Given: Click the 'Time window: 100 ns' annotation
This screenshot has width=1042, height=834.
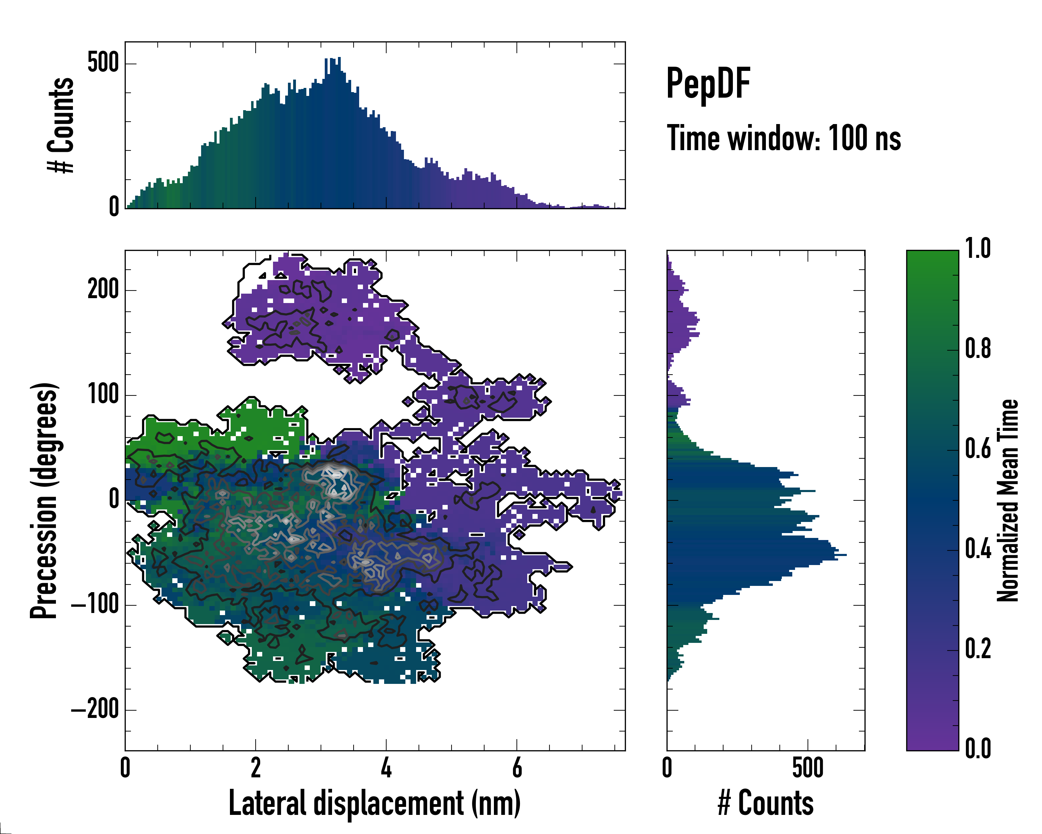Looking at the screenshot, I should (784, 138).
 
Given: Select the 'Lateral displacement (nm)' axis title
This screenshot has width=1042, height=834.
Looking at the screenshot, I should (374, 803).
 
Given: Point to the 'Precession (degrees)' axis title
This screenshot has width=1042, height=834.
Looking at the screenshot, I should (44, 500).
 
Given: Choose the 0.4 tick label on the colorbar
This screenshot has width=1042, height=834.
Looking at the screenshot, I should (978, 550).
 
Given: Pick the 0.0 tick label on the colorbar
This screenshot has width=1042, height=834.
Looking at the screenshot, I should (978, 749).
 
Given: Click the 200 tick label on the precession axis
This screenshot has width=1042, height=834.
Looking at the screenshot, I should (103, 290).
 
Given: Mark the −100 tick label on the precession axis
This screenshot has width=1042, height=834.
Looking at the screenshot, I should (95, 605).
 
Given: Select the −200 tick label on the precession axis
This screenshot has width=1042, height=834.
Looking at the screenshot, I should (95, 710).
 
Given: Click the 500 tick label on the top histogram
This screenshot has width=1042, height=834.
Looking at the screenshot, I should (103, 63).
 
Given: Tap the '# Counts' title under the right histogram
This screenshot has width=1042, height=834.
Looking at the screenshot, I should (766, 803).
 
